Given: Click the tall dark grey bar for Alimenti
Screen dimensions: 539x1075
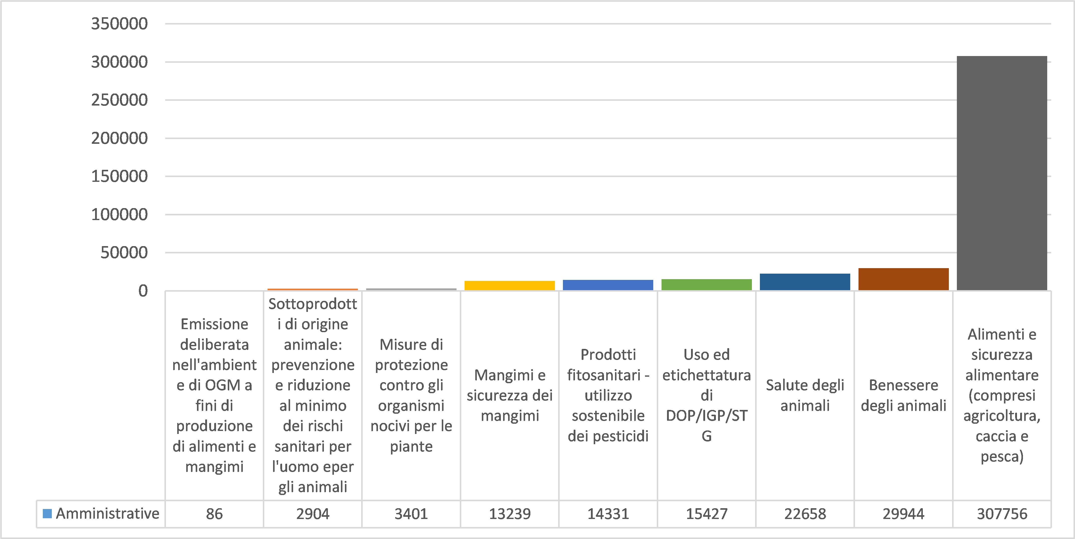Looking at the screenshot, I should [1002, 173].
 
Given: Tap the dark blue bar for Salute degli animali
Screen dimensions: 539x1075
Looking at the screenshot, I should [805, 282].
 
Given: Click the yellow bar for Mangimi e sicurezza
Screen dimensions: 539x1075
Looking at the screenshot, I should [510, 285].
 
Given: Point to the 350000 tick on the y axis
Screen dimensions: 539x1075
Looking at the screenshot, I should [119, 24].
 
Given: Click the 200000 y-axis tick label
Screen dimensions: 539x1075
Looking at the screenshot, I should [119, 138].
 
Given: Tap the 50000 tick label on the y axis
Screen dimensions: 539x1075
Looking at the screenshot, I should [124, 252].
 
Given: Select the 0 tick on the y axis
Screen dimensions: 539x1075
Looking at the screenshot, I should [143, 291].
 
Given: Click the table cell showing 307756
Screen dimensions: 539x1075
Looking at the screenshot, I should [1002, 513].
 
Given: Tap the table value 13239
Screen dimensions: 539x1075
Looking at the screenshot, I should [510, 513].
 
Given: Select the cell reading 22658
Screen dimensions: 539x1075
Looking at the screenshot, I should [805, 513].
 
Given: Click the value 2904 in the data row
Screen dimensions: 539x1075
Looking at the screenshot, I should [313, 513].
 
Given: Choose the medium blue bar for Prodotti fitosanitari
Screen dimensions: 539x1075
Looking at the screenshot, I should [608, 285].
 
